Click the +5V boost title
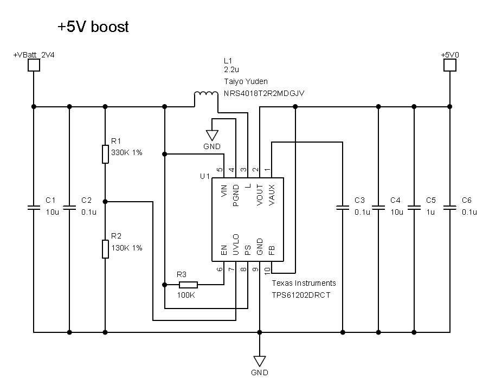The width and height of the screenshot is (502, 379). click(x=93, y=27)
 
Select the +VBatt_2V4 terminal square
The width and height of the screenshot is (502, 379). click(x=34, y=65)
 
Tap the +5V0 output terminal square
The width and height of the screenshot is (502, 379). click(x=449, y=65)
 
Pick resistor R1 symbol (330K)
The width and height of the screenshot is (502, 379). click(x=105, y=154)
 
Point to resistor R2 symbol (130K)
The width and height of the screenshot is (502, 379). click(x=105, y=249)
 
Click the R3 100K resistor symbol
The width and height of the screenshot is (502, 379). click(x=188, y=284)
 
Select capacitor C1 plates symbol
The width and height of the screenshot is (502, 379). click(x=34, y=207)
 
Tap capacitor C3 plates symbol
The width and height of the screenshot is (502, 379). click(x=343, y=207)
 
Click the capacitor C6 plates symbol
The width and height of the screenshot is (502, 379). click(x=449, y=207)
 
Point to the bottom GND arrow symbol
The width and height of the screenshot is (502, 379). click(x=260, y=361)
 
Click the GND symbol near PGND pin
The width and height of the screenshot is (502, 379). click(x=212, y=135)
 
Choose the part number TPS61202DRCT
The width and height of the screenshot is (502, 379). click(x=301, y=295)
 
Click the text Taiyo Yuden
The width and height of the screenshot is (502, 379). click(x=246, y=81)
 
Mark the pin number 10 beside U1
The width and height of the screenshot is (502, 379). click(x=267, y=269)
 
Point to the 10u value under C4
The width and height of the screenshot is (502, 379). click(x=397, y=212)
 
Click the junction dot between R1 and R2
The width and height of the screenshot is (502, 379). click(x=105, y=202)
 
